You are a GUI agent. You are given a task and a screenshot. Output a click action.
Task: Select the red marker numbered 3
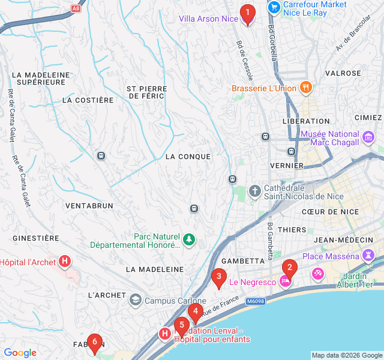(218, 278)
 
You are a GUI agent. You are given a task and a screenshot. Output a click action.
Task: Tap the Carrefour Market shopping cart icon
(274, 7)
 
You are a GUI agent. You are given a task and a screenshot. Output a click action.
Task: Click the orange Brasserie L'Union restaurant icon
(307, 88)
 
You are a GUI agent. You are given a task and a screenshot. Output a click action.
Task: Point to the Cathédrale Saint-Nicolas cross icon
(255, 191)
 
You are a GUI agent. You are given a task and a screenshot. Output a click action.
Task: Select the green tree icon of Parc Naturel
(190, 240)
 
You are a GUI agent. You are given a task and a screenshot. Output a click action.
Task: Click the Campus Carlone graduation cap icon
(136, 299)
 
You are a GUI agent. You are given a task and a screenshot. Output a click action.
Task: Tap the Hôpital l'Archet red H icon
(65, 262)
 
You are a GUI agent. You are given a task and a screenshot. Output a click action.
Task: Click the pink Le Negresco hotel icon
(286, 281)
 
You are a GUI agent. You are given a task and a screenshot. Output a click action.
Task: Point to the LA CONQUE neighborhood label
(188, 157)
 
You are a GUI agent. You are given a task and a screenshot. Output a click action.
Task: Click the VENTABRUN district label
(89, 205)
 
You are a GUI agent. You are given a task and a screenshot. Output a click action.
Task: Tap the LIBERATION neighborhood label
(306, 121)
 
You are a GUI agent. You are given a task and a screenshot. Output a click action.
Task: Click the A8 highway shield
(75, 8)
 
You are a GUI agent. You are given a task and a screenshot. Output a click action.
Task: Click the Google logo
(20, 353)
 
